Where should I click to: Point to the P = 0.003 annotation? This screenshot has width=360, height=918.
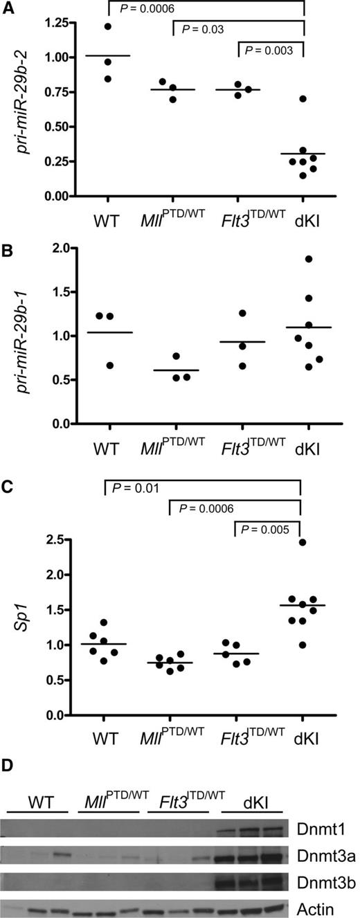pyautogui.click(x=271, y=51)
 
